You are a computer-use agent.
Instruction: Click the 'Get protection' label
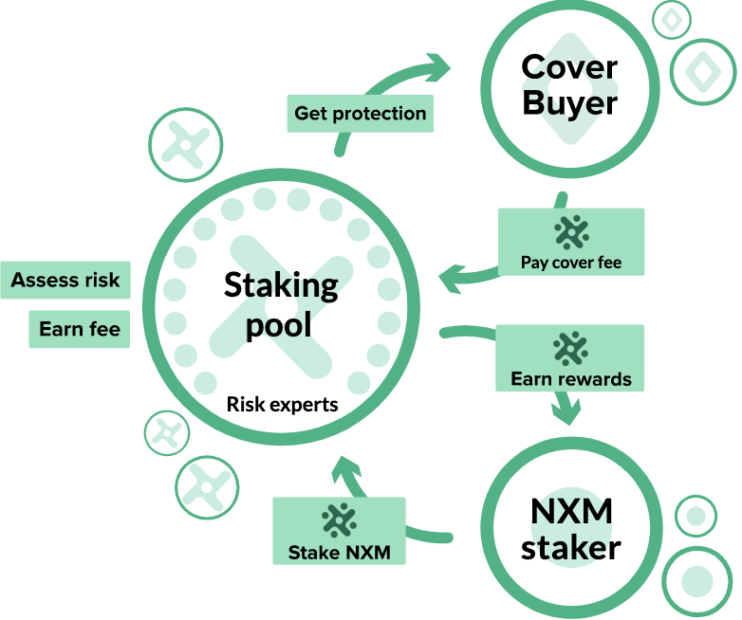coord(360,114)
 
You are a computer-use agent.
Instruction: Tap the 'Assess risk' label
coord(65,280)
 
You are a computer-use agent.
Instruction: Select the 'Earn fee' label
coord(80,329)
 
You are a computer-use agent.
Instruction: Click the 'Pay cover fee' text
coord(571,263)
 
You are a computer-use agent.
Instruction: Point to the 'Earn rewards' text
coord(570,379)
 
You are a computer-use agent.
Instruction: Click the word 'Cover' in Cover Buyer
coord(569,67)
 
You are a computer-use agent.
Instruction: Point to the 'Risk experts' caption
coord(282,405)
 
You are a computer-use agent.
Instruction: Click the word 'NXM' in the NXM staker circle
coord(570,512)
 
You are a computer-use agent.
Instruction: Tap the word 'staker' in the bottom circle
coord(570,547)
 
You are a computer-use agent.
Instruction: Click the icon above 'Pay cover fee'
coord(571,231)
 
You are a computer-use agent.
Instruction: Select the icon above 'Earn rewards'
coord(570,348)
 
